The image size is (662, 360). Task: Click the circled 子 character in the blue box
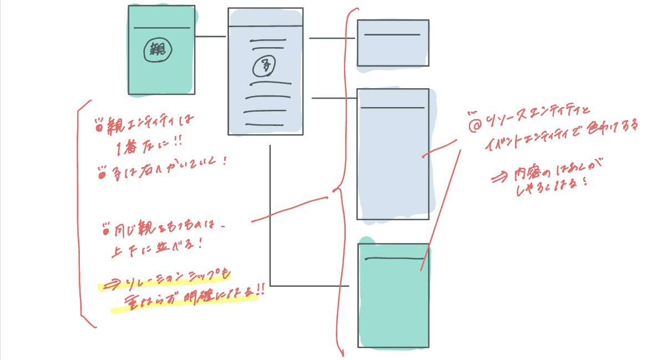pos(265,67)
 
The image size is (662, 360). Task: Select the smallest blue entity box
pos(393,43)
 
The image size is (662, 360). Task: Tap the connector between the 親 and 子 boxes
pos(210,37)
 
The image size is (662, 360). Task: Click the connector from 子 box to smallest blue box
pos(332,38)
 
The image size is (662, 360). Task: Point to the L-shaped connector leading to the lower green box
pos(271,233)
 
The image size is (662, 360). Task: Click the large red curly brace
pos(338,183)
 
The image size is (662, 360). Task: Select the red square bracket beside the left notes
pos(80,211)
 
